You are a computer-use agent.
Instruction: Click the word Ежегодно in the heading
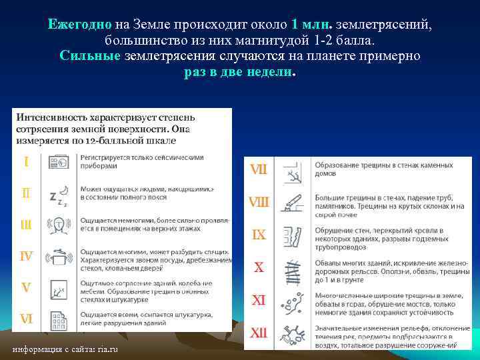80,25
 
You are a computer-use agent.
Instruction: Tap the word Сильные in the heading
90,55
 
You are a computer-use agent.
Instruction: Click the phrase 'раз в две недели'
239,71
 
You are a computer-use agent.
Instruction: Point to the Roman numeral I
26,161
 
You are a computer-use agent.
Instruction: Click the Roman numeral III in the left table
26,225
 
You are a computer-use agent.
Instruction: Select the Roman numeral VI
26,319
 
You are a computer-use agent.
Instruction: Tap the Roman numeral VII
259,169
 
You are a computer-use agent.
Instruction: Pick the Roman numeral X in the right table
259,267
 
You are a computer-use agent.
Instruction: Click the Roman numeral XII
259,331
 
